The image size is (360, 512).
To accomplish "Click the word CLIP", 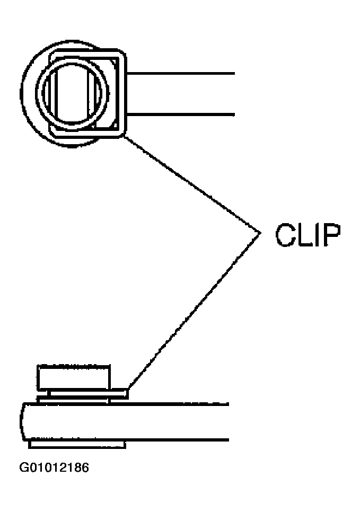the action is click(308, 235).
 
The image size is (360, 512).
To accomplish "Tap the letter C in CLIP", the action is click(285, 235).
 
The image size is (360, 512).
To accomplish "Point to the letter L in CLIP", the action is click(305, 235).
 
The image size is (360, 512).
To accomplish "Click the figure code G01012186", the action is click(54, 467).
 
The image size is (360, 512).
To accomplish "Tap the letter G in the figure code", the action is click(24, 467).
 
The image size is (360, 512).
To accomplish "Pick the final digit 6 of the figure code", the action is click(85, 467).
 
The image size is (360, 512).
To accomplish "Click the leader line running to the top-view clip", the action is click(192, 184).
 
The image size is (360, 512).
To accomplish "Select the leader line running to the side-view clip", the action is click(195, 311).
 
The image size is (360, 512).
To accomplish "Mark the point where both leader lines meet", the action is click(260, 233).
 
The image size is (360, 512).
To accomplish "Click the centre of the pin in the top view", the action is click(72, 93).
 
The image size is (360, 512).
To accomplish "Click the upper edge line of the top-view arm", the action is click(181, 74).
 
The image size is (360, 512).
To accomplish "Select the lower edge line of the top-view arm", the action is click(181, 114).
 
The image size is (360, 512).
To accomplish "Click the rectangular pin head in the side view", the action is click(74, 378).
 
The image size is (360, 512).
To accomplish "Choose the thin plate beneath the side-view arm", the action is click(77, 444).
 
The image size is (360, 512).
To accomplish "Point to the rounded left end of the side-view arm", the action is click(22, 422).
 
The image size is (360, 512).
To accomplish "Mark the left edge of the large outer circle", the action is click(21, 94).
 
